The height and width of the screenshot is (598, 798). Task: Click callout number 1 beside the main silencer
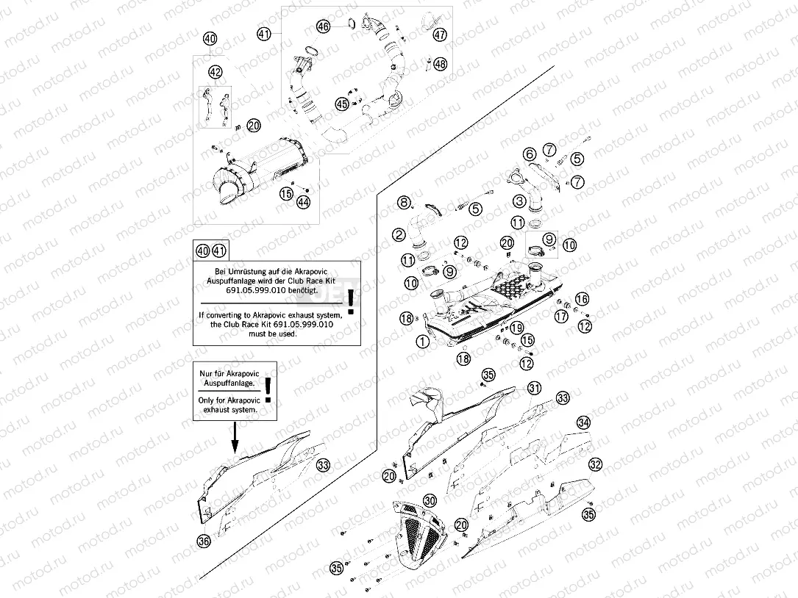click(422, 342)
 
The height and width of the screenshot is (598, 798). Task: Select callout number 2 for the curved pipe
click(399, 235)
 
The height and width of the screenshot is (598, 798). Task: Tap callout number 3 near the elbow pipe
click(519, 201)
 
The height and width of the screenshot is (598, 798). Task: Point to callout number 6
click(530, 154)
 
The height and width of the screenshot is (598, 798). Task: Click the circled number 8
click(403, 202)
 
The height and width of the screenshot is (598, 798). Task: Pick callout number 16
click(582, 299)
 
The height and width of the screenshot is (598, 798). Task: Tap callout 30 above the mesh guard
click(430, 500)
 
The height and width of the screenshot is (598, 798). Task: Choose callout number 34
click(583, 423)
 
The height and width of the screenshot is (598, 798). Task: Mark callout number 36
click(204, 541)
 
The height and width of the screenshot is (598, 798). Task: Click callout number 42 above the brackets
click(215, 72)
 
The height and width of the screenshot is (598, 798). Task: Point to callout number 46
click(324, 26)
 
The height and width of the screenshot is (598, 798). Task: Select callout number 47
click(440, 35)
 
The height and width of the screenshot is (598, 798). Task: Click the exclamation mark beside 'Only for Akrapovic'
click(268, 389)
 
